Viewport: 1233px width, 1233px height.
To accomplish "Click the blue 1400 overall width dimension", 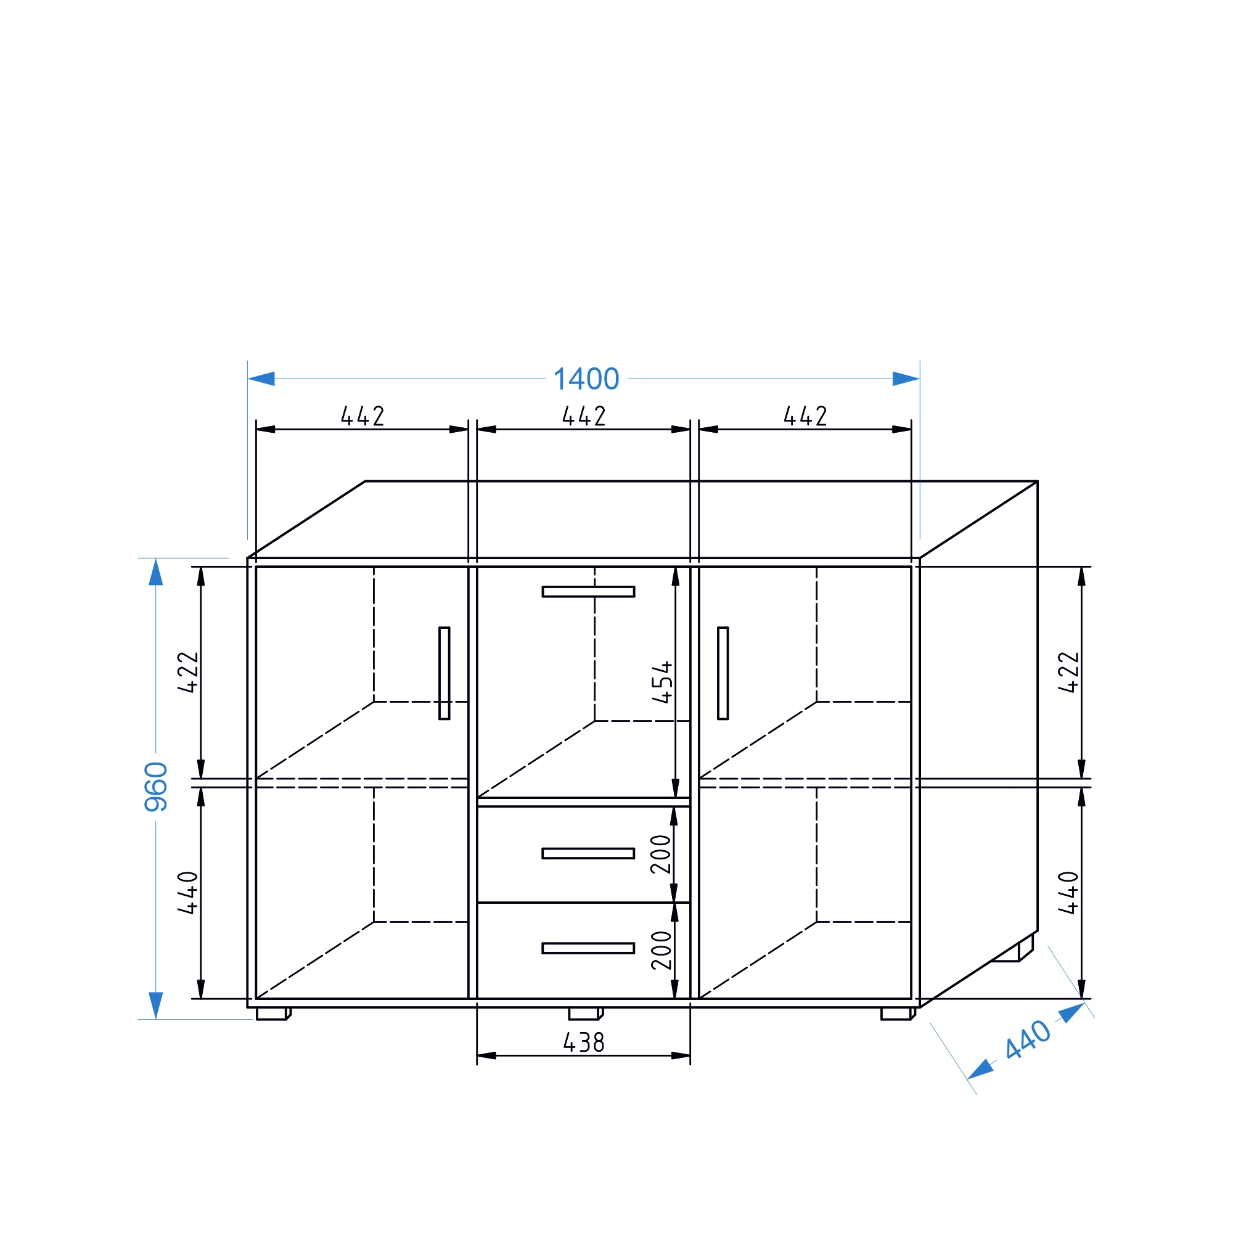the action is (x=586, y=379).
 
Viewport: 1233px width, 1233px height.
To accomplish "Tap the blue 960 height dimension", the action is (x=157, y=787).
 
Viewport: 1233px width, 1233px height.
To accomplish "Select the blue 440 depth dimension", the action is (x=1028, y=1039).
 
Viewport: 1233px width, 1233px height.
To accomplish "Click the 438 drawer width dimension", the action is (x=583, y=1043).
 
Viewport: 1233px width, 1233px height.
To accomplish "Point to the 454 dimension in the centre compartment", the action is (x=663, y=682).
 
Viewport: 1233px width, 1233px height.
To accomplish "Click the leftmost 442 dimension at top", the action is (x=363, y=416).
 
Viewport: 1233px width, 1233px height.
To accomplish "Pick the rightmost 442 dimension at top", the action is (x=805, y=416).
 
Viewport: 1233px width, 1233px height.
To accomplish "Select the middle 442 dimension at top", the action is (x=584, y=416).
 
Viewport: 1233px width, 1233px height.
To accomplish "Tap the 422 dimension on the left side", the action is (x=188, y=672).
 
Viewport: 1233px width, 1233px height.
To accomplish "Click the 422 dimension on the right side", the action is (x=1068, y=672).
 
